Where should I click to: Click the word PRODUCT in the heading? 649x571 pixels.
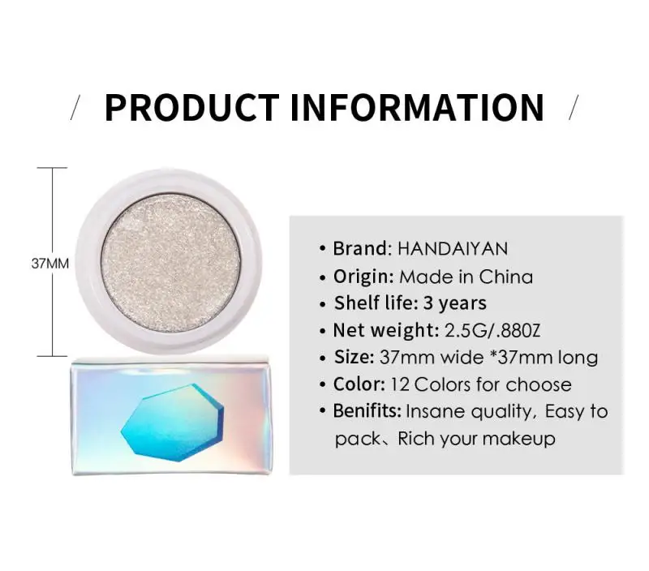coord(191,108)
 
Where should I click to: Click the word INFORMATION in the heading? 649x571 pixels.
coord(417,108)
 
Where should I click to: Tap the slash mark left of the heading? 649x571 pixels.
coord(77,108)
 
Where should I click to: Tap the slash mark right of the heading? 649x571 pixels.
coord(573,108)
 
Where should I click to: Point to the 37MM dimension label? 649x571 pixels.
coord(50,264)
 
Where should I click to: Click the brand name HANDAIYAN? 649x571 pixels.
coord(453,248)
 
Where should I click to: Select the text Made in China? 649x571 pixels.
coord(466,276)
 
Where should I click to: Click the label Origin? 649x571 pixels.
coord(363,276)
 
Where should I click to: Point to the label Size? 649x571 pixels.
coord(354,357)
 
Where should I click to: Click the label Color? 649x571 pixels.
coord(359,384)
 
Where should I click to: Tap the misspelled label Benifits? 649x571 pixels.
coord(367,411)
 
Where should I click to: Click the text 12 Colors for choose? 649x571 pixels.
coord(481,384)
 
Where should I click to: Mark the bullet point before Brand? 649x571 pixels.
coord(322,248)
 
